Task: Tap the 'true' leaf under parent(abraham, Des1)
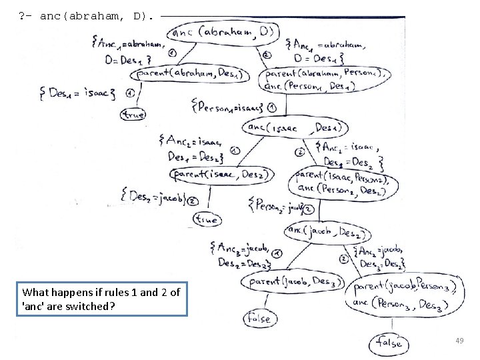coord(133,114)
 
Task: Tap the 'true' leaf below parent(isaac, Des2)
coord(207,218)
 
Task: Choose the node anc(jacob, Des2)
coord(327,232)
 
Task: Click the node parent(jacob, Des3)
coord(291,281)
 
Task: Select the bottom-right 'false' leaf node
coord(389,343)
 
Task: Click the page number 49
coord(459,341)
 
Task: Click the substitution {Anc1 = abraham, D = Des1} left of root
coord(128,52)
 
